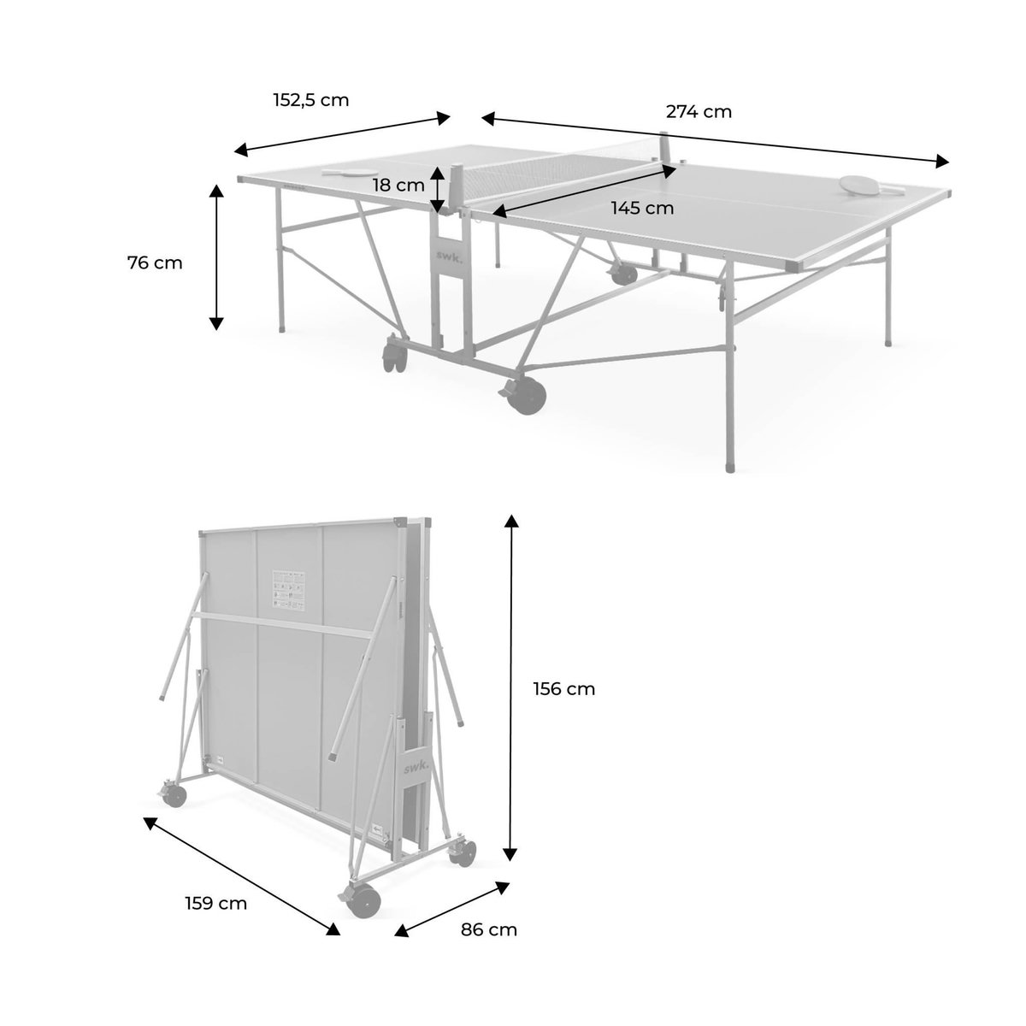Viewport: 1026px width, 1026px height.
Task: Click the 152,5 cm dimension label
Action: [x=311, y=99]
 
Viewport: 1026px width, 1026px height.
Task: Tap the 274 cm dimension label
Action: [x=699, y=111]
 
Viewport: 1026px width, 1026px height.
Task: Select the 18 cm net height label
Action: [x=398, y=185]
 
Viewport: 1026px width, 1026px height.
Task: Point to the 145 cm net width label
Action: [x=642, y=208]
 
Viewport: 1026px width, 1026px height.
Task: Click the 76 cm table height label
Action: [x=155, y=262]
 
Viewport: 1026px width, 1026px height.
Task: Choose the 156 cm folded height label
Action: [x=563, y=688]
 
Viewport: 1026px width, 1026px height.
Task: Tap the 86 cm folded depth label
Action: [x=489, y=929]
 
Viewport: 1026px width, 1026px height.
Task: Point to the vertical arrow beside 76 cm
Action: [x=216, y=257]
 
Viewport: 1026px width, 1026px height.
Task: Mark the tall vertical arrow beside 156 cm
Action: [x=511, y=688]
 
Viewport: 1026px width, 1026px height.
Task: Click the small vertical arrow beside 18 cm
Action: [x=437, y=190]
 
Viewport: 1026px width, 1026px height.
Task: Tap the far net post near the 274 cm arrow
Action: [x=666, y=145]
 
